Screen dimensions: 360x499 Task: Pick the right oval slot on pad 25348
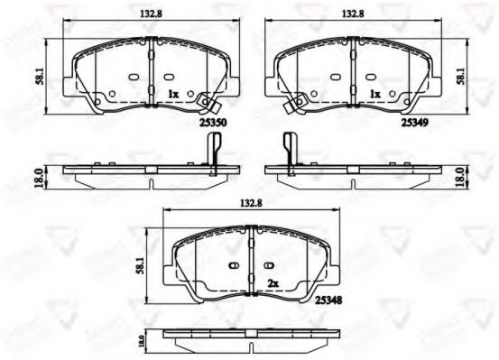(x=270, y=265)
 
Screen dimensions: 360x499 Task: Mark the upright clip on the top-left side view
(x=213, y=149)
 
